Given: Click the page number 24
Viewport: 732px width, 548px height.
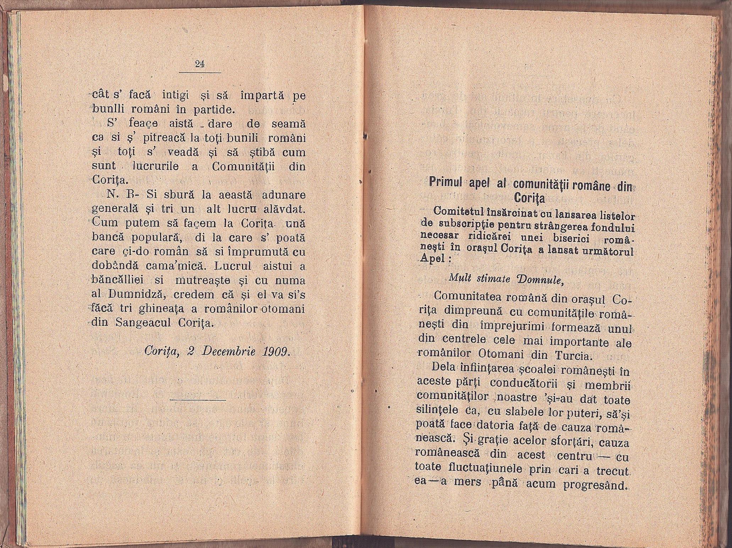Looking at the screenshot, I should pos(200,64).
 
